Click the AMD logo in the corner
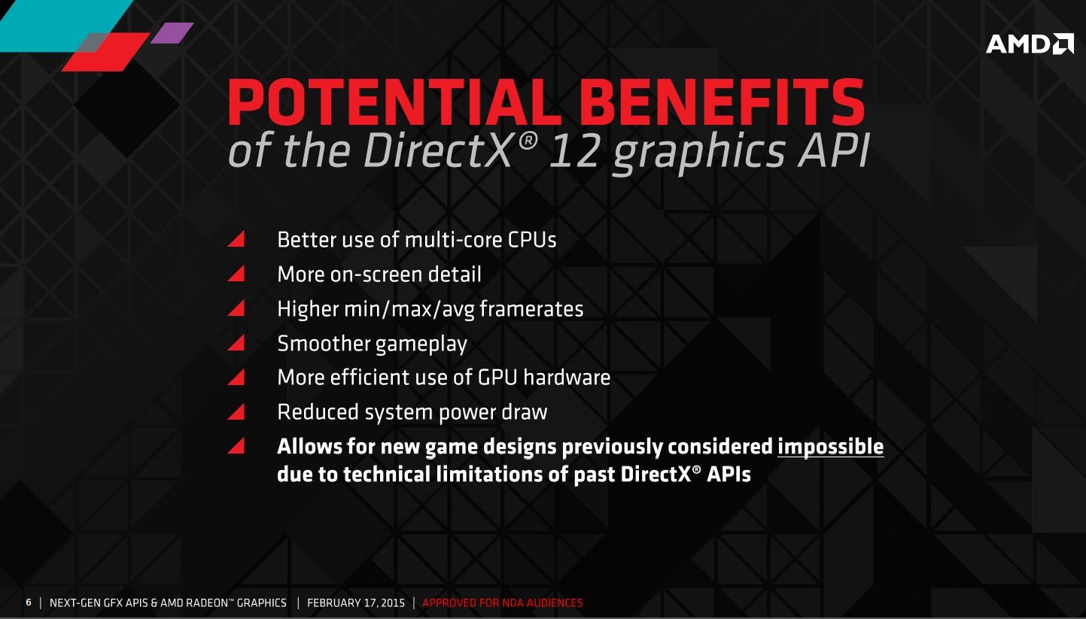click(1030, 44)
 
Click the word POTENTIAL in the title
click(394, 102)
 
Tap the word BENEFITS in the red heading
click(722, 102)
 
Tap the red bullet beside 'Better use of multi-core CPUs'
click(236, 238)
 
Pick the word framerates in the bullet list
click(532, 309)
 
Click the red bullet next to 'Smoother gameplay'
click(236, 342)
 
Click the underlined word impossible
click(831, 447)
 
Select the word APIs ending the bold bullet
click(729, 474)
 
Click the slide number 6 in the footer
click(29, 602)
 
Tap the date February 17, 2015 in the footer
click(356, 603)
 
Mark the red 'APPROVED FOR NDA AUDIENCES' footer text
click(502, 603)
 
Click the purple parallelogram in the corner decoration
click(172, 33)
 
